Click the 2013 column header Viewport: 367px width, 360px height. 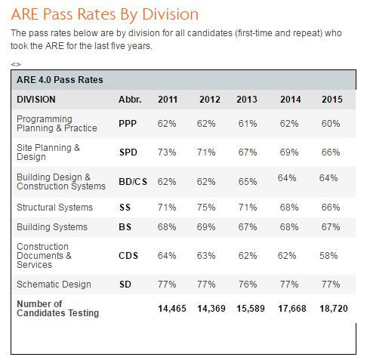[x=247, y=100]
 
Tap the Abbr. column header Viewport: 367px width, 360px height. [x=130, y=100]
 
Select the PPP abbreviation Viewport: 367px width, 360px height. [x=128, y=124]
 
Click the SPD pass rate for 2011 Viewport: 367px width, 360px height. [x=167, y=152]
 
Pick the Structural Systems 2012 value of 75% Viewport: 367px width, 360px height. [x=206, y=208]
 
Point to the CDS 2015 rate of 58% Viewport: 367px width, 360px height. [x=328, y=256]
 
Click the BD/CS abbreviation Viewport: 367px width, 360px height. [x=133, y=182]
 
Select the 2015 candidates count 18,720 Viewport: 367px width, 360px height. [x=334, y=309]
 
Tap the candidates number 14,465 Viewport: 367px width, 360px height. [x=172, y=309]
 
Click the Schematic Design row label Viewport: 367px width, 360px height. [x=54, y=285]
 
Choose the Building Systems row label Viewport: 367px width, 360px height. [x=52, y=227]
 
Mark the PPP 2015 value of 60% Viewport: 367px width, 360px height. [x=331, y=124]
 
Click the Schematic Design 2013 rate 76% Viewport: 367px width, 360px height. [x=248, y=285]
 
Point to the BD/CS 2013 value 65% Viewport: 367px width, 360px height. [x=248, y=182]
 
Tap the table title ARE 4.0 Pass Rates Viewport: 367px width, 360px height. [x=60, y=80]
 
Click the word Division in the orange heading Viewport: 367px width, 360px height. [x=171, y=14]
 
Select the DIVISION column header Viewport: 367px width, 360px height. [x=36, y=100]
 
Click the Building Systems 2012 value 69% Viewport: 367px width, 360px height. [x=206, y=227]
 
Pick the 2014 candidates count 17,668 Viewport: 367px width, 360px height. [x=292, y=309]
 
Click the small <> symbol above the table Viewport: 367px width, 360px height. [x=16, y=64]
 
